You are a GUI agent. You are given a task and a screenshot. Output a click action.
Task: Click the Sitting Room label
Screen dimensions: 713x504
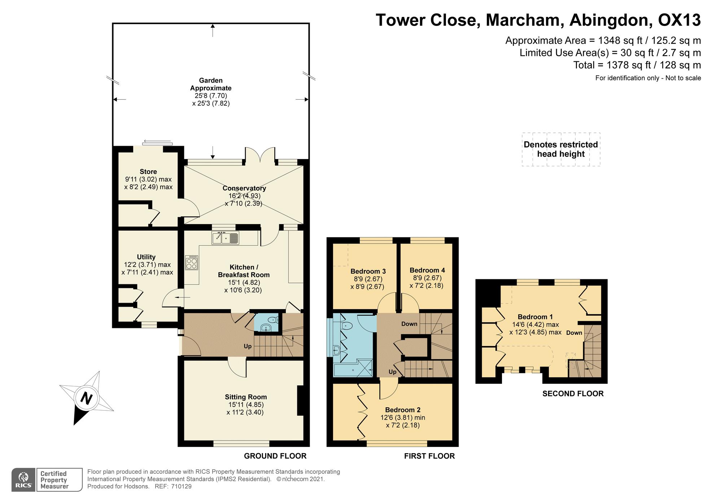pyautogui.click(x=246, y=397)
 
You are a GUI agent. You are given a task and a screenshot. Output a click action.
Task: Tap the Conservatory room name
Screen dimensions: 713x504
pyautogui.click(x=244, y=188)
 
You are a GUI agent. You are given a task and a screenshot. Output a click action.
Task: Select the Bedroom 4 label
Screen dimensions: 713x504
pyautogui.click(x=427, y=270)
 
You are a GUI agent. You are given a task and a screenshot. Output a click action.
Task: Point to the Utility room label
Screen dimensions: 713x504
pyautogui.click(x=146, y=257)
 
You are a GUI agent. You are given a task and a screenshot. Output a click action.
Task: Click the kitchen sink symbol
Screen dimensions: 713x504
pyautogui.click(x=226, y=238)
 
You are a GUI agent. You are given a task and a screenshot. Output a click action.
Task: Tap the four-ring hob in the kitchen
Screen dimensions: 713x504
pyautogui.click(x=192, y=263)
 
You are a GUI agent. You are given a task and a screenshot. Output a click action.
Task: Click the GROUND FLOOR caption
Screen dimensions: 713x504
pyautogui.click(x=275, y=456)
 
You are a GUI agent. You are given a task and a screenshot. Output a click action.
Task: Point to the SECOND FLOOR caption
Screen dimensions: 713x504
pyautogui.click(x=573, y=394)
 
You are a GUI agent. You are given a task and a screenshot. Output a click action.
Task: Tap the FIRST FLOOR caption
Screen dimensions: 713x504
pyautogui.click(x=429, y=456)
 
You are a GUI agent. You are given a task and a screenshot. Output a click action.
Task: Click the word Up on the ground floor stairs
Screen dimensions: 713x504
pyautogui.click(x=248, y=346)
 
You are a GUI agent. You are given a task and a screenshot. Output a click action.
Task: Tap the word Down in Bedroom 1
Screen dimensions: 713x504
pyautogui.click(x=574, y=333)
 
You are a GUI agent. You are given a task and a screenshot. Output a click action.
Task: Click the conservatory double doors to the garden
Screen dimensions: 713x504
pyautogui.click(x=260, y=156)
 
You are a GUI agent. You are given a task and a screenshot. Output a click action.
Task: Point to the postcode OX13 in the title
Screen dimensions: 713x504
pyautogui.click(x=679, y=20)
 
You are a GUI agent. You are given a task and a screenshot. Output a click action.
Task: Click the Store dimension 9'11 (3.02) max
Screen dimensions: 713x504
pyautogui.click(x=148, y=179)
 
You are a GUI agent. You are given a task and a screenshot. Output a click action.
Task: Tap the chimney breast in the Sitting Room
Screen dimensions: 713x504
pyautogui.click(x=300, y=401)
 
